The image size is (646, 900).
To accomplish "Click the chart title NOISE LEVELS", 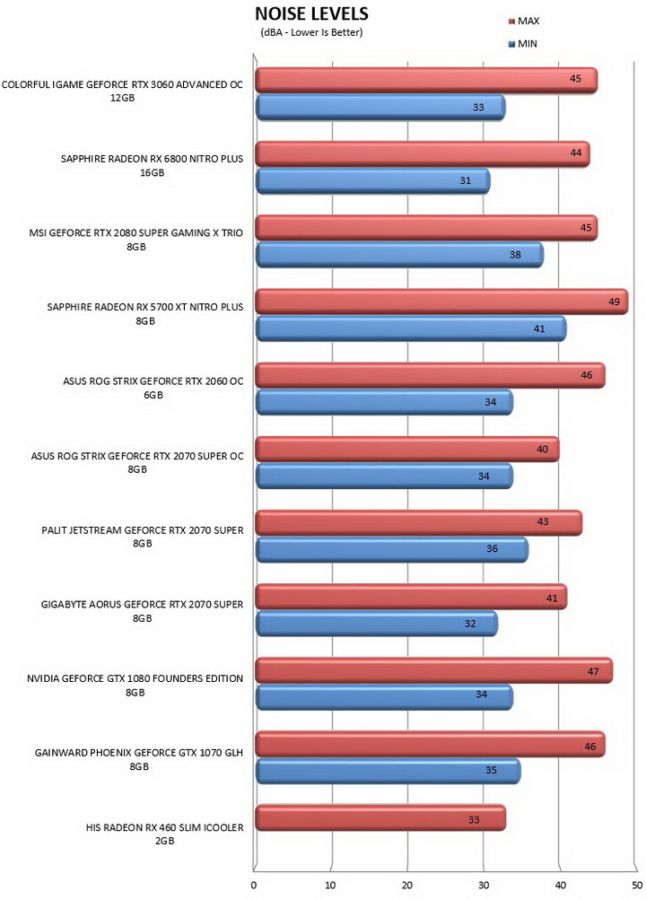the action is (311, 13).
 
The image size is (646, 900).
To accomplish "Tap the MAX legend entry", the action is (524, 22).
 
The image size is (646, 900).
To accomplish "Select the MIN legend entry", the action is (523, 44).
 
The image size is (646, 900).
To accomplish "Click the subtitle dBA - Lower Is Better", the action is (311, 32).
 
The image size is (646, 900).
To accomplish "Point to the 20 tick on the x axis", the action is (406, 885).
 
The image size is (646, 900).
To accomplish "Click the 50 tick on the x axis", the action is (635, 885).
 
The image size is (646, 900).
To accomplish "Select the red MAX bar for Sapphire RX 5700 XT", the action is (441, 301).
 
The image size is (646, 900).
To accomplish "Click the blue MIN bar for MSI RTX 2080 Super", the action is (399, 254).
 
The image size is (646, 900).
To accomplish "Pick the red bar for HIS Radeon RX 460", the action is (380, 818).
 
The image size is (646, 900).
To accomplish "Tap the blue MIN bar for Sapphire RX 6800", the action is (373, 180).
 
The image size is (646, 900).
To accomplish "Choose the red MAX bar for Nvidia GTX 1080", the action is (433, 670).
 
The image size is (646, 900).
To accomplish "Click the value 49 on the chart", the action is (614, 301).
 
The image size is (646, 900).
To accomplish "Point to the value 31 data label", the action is (466, 180).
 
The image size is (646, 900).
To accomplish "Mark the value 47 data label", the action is (593, 671).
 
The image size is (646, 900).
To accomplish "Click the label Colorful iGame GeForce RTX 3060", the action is (122, 91).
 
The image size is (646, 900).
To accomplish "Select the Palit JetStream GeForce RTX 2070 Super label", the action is (143, 537).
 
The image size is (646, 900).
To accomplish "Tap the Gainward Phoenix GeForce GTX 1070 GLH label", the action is (139, 759).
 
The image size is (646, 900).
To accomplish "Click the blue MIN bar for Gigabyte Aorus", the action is (376, 624).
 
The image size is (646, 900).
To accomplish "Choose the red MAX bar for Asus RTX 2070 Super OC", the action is (407, 449).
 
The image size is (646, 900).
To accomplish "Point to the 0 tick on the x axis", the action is (254, 885).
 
